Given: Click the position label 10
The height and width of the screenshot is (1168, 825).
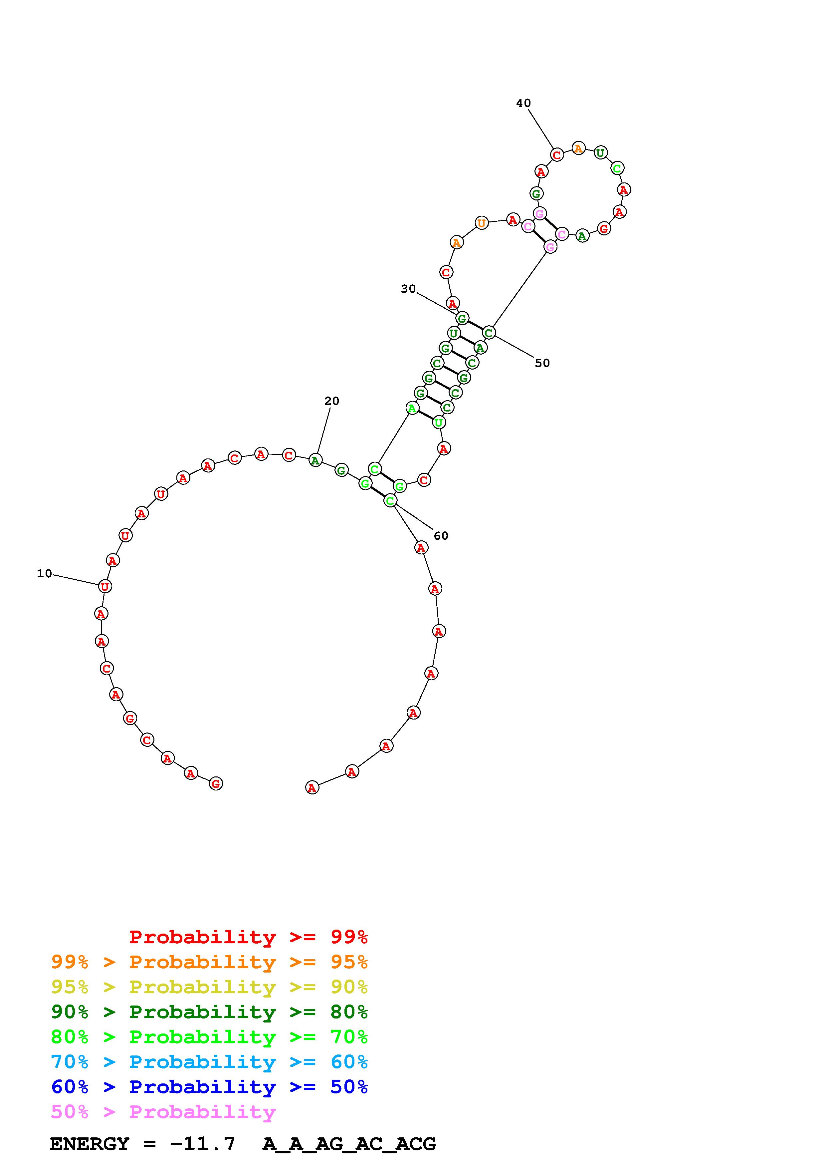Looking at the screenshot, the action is pyautogui.click(x=45, y=574).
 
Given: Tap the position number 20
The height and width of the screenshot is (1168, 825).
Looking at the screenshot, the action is pyautogui.click(x=331, y=401).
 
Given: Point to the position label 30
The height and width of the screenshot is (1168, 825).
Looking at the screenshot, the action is pyautogui.click(x=408, y=289).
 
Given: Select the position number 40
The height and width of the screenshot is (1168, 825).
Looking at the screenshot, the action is pyautogui.click(x=523, y=103).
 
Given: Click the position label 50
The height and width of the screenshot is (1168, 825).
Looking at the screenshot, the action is pyautogui.click(x=542, y=363).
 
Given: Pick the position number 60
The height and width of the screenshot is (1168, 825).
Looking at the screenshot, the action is pyautogui.click(x=441, y=536).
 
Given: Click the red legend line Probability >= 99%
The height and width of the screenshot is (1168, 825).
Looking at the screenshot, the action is pyautogui.click(x=249, y=937).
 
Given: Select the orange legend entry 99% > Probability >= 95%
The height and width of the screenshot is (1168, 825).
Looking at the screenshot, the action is pyautogui.click(x=209, y=962).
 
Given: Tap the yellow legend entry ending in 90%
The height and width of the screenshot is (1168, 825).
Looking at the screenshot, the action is pyautogui.click(x=209, y=987).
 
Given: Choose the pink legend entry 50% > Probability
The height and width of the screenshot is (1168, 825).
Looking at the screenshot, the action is pyautogui.click(x=163, y=1112).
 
